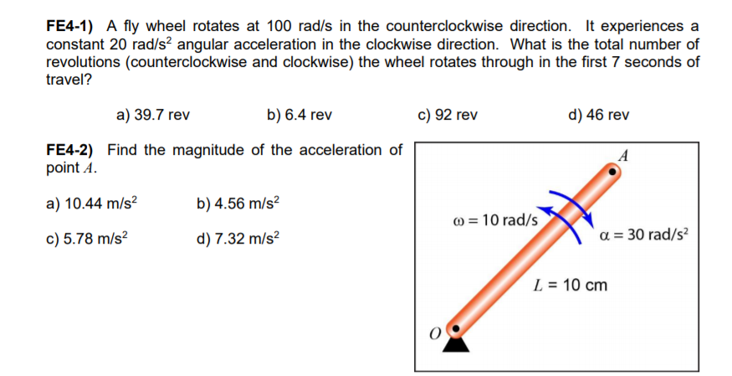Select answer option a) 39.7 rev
click(x=151, y=115)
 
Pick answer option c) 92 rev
click(x=447, y=115)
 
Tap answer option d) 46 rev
click(x=598, y=115)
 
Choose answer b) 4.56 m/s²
click(x=238, y=203)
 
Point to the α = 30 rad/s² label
click(x=643, y=234)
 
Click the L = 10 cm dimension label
click(x=571, y=285)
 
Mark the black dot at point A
click(x=613, y=171)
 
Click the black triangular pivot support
click(x=455, y=343)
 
